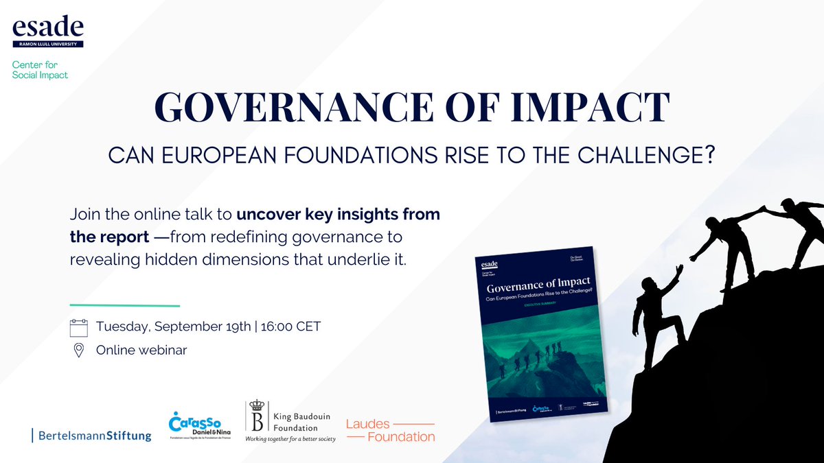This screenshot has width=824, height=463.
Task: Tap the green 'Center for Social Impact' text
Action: pyautogui.click(x=41, y=70)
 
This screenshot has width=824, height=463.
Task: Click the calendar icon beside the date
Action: pyautogui.click(x=79, y=327)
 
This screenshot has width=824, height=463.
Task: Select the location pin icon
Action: pyautogui.click(x=79, y=351)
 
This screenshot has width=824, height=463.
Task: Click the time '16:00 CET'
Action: pyautogui.click(x=290, y=327)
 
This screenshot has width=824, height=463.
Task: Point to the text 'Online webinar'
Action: pyautogui.click(x=141, y=351)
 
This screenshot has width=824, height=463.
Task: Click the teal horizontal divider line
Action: pyautogui.click(x=124, y=305)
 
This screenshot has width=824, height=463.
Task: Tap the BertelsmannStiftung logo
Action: pyautogui.click(x=92, y=435)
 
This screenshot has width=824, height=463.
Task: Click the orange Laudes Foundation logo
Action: pyautogui.click(x=390, y=429)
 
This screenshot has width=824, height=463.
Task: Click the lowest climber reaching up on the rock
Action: pyautogui.click(x=655, y=309)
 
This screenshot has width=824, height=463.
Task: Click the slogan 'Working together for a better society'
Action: pyautogui.click(x=290, y=439)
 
